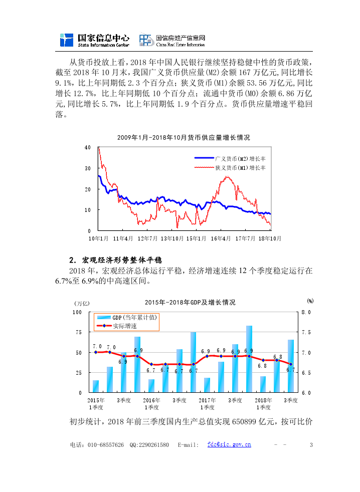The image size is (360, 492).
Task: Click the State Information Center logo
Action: pyautogui.click(x=94, y=41)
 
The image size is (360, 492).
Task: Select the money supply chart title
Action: pyautogui.click(x=184, y=137)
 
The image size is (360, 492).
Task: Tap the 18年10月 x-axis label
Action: pyautogui.click(x=269, y=238)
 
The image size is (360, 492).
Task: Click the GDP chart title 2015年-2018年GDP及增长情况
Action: pyautogui.click(x=190, y=303)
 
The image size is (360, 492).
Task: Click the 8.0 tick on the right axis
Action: pyautogui.click(x=306, y=312)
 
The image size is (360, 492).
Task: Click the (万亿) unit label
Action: pyautogui.click(x=82, y=303)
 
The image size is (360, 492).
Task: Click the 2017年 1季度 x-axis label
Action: pyautogui.click(x=207, y=403)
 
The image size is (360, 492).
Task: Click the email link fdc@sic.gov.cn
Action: pyautogui.click(x=229, y=445)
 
